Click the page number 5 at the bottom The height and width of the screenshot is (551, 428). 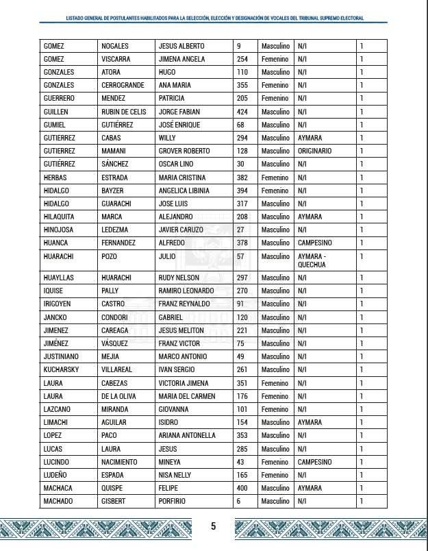pos(213,526)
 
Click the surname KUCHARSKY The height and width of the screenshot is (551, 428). pos(62,370)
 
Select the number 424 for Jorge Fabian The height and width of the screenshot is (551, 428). pos(242,112)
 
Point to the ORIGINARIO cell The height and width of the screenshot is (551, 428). pos(315,151)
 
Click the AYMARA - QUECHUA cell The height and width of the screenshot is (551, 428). pos(312,260)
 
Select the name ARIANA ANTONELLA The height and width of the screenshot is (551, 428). pos(187,436)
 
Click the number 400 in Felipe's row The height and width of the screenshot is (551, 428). pos(242,488)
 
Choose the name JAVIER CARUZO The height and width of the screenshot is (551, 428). pos(181,230)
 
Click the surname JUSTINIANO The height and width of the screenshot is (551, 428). pos(62,357)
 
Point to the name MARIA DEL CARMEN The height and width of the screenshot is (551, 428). pos(186,396)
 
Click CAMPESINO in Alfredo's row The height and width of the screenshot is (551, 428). pos(315,243)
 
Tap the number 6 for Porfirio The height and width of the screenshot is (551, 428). pos(238,501)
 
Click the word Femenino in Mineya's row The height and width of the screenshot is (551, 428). pos(275,462)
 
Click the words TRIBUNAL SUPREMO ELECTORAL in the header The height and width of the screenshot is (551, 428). pos(326,18)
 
